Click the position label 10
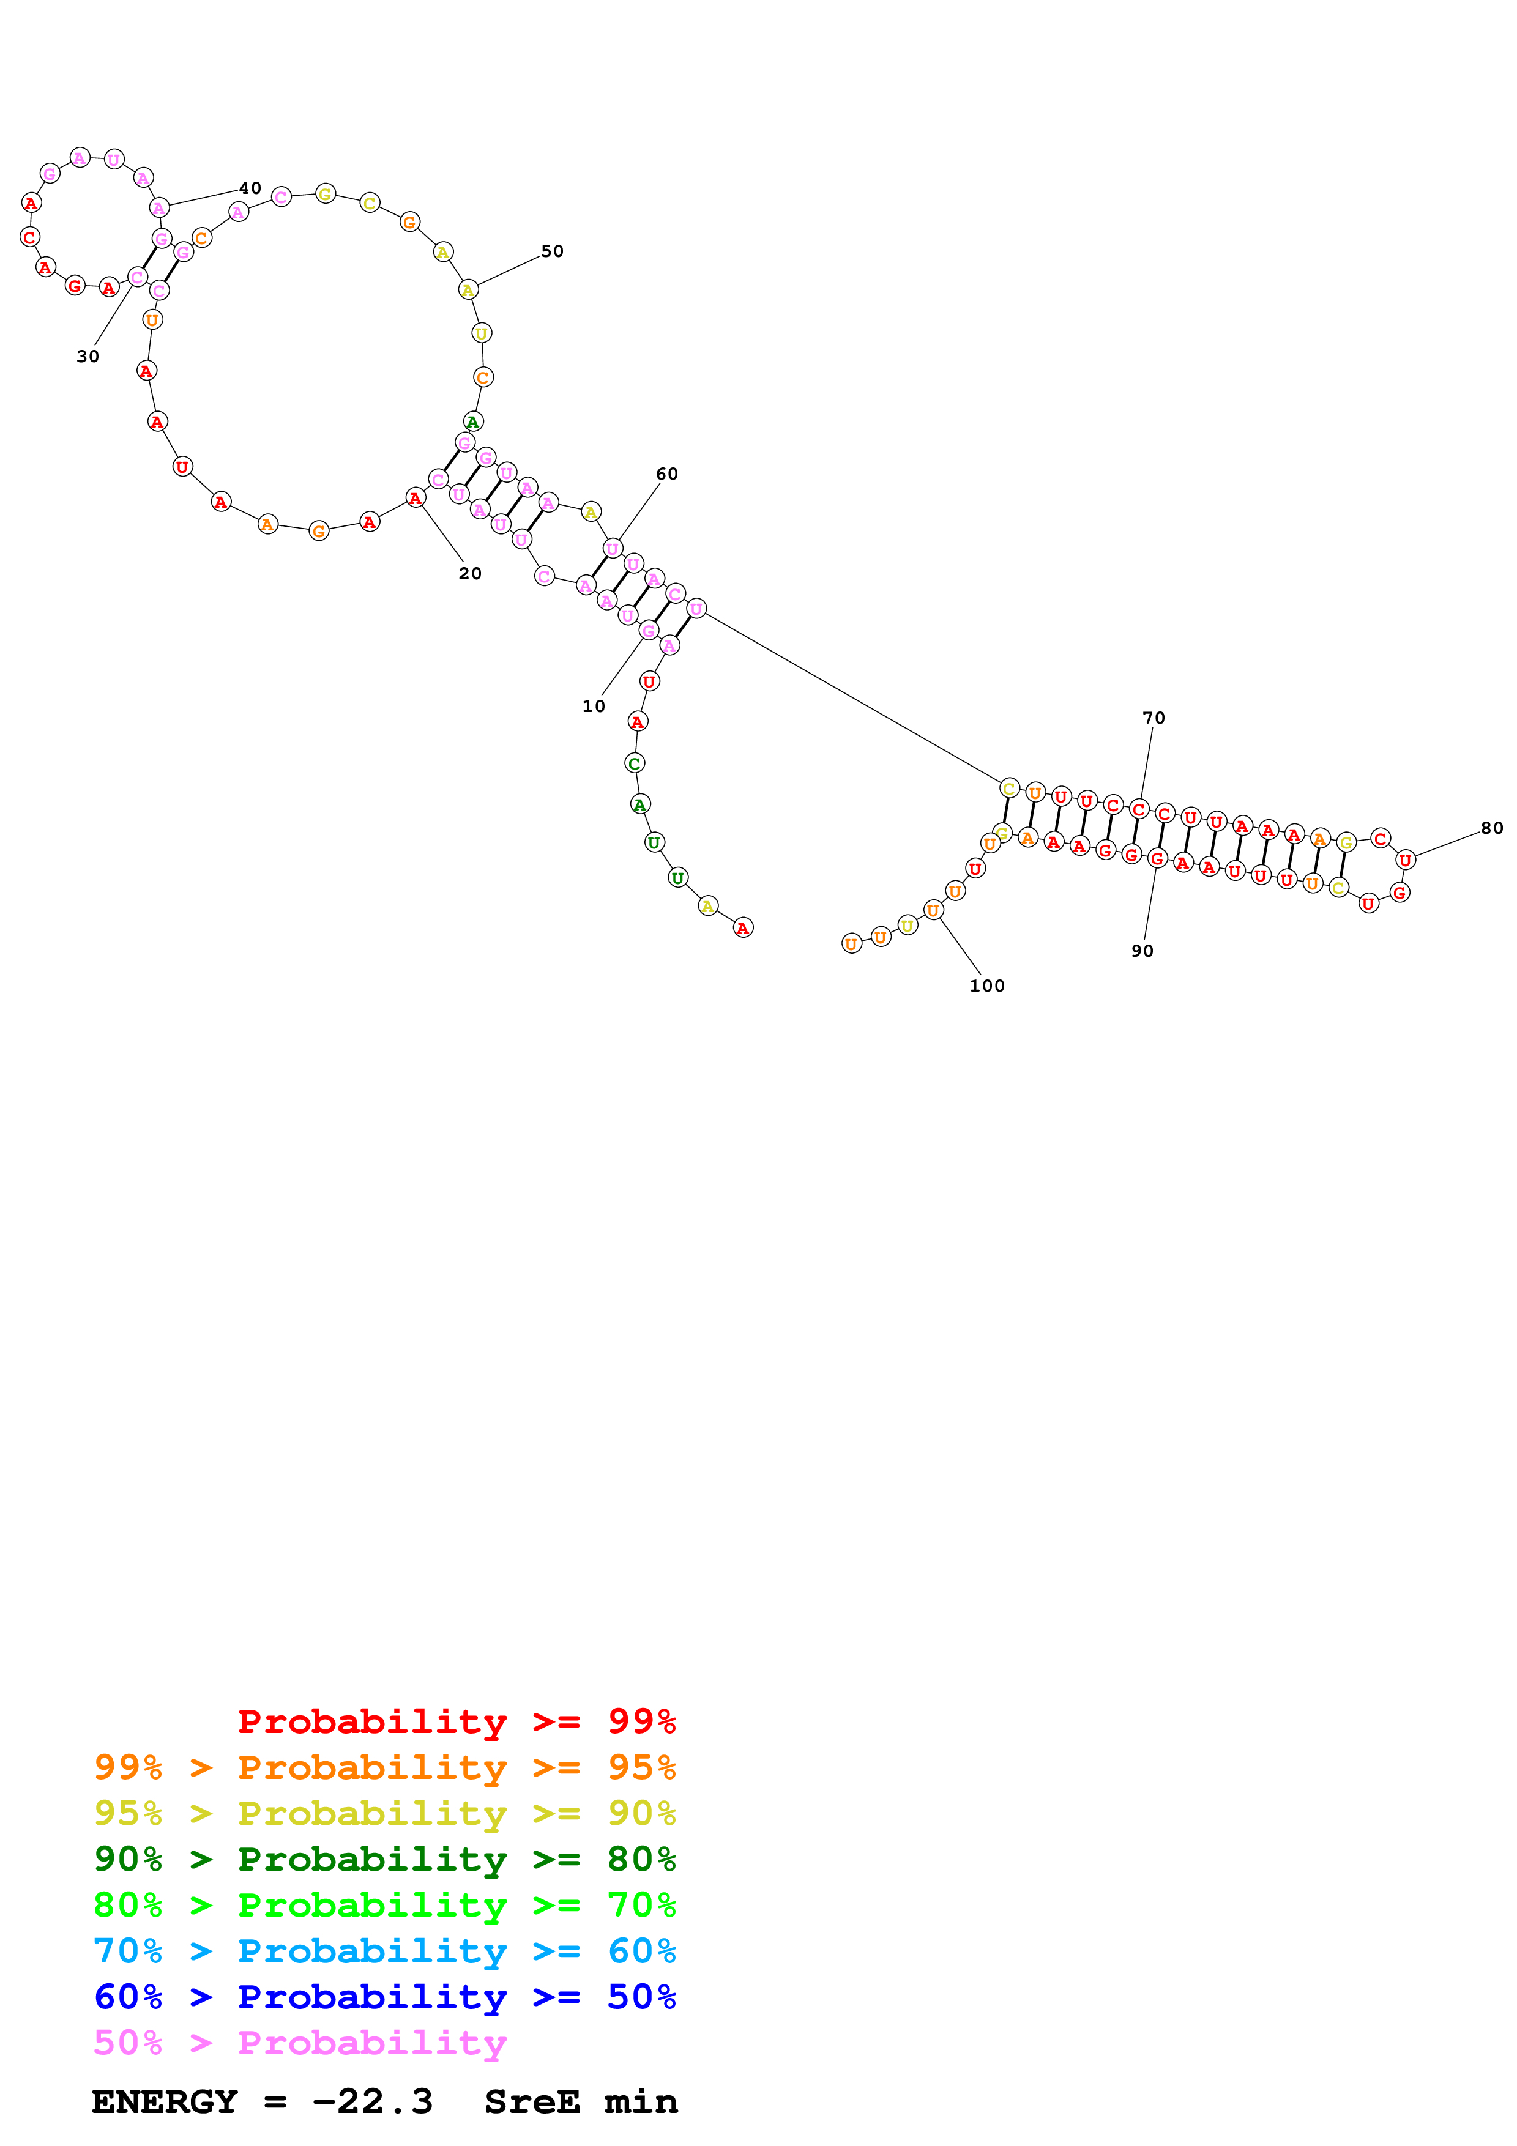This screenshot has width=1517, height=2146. tap(594, 707)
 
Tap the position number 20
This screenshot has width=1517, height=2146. tap(470, 574)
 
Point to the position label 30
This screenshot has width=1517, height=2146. tap(88, 356)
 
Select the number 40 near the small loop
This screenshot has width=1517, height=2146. tap(250, 188)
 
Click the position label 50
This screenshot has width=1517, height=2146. tap(553, 251)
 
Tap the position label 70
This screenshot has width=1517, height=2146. tap(1154, 718)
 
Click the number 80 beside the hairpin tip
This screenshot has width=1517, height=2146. tap(1492, 828)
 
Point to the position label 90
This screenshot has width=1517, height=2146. tap(1142, 951)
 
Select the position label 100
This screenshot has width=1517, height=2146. tap(987, 986)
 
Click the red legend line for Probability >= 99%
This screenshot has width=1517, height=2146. tap(456, 1721)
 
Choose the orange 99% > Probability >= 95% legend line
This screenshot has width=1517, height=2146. tap(384, 1767)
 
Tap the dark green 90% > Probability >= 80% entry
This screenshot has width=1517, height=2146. tap(384, 1859)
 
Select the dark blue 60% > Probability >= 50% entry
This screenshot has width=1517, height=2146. tap(384, 1997)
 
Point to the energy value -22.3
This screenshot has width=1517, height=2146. tap(372, 2101)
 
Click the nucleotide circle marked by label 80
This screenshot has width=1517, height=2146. tap(1405, 860)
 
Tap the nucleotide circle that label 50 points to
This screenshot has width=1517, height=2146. tap(468, 290)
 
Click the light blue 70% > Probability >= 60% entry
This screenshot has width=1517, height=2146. tap(384, 1951)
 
